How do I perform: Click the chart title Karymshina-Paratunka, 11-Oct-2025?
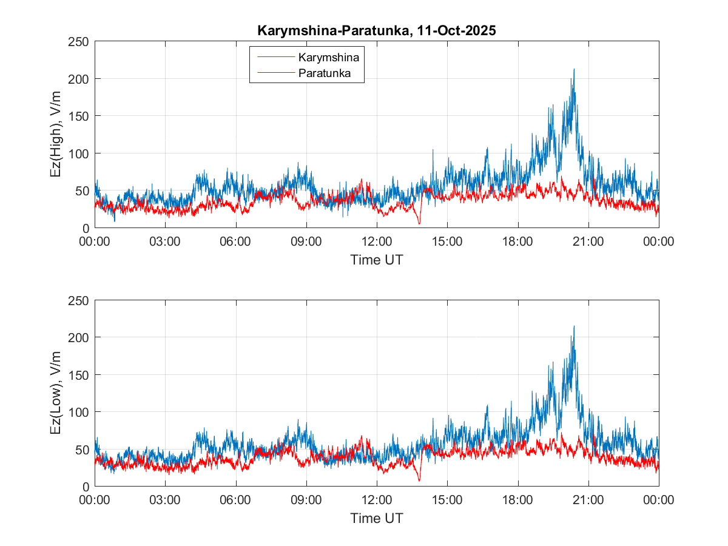[x=377, y=31]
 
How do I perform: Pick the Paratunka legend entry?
[x=328, y=74]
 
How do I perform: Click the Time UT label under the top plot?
[x=377, y=260]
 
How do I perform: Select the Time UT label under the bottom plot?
[x=377, y=519]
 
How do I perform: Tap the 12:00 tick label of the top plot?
[x=377, y=241]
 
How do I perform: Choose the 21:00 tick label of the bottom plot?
[x=588, y=500]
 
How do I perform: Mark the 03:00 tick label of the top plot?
[x=165, y=241]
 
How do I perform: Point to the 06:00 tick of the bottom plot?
[x=235, y=500]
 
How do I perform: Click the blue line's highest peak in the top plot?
[x=573, y=69]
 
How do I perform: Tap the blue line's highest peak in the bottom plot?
[x=573, y=326]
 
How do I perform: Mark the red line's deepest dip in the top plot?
[x=419, y=224]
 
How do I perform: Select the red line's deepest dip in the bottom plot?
[x=419, y=481]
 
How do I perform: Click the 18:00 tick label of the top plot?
[x=517, y=241]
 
